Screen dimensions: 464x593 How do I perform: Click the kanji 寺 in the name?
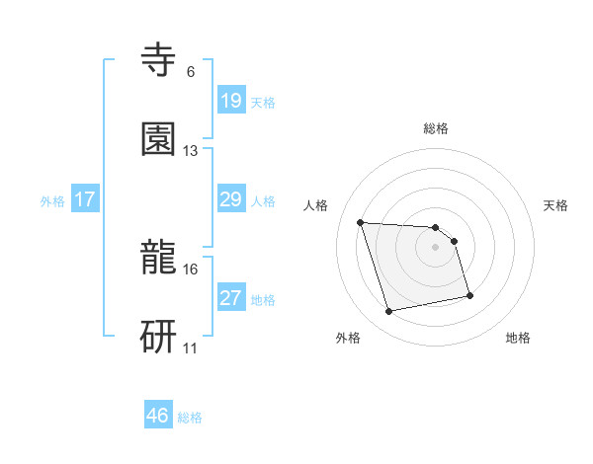(158, 59)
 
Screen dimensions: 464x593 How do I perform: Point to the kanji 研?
(158, 337)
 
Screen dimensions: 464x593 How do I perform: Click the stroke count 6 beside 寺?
(191, 72)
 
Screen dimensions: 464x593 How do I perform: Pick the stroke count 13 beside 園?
(191, 151)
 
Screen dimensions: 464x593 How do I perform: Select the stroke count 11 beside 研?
(191, 348)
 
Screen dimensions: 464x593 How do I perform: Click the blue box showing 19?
(231, 100)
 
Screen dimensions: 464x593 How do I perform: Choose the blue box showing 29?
(231, 199)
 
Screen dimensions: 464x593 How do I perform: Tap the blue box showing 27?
(231, 298)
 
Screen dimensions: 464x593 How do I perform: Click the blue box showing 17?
(85, 199)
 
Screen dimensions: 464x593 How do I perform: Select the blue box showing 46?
(158, 416)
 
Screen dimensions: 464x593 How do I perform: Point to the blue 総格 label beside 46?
(190, 418)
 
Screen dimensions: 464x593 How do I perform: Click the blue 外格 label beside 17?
(52, 201)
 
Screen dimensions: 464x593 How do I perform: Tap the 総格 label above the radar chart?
(436, 128)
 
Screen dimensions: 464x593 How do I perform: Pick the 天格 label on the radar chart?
(556, 205)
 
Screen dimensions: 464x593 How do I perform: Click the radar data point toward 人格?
(361, 222)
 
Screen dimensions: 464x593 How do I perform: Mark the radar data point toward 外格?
(389, 312)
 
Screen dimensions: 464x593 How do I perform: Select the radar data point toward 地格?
(469, 295)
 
